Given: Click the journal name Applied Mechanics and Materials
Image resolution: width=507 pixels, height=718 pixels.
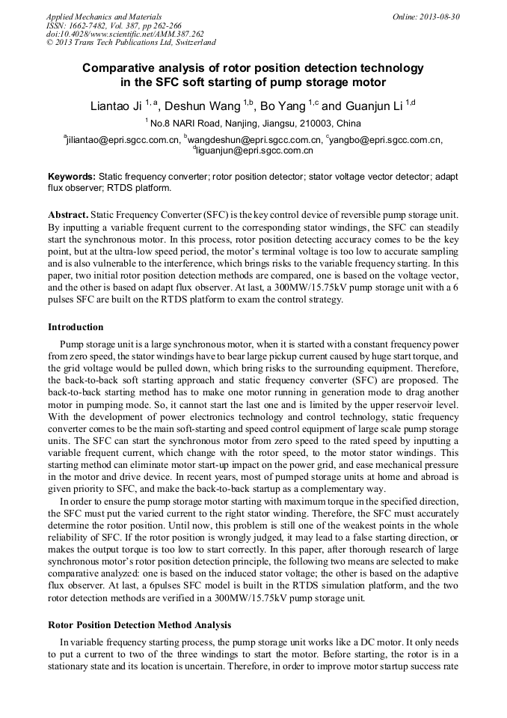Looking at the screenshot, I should pos(103,16).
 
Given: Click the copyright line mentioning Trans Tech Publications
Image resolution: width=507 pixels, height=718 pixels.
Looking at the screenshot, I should pos(131,43).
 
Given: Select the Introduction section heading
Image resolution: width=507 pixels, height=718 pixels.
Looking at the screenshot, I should pos(76,327).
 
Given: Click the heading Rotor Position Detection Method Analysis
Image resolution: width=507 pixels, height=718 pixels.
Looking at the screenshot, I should pos(139,624).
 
